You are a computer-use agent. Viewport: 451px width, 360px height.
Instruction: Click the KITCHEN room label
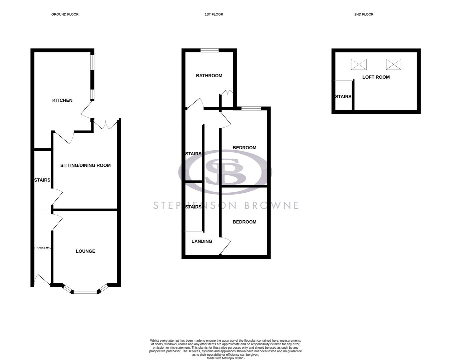(x=62, y=100)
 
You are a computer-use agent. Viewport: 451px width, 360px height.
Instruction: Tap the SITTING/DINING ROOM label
(x=85, y=165)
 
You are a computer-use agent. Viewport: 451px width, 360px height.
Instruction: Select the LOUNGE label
(x=85, y=251)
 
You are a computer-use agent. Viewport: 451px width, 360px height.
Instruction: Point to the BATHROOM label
(x=209, y=76)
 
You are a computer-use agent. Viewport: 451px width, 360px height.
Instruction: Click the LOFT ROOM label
(x=376, y=77)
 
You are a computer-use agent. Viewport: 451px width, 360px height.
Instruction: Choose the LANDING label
(x=202, y=241)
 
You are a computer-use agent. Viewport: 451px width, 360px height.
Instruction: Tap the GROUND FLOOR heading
(x=65, y=14)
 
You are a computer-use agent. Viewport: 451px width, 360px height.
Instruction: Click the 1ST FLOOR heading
(x=214, y=14)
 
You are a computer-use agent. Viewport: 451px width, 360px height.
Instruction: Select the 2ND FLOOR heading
(x=364, y=14)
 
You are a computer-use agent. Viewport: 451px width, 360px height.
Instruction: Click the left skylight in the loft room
(x=359, y=64)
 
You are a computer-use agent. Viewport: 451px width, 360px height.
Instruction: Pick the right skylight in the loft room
(x=394, y=64)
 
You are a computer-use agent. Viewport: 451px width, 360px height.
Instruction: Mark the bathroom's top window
(x=209, y=51)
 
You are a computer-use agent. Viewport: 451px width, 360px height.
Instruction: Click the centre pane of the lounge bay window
(x=85, y=292)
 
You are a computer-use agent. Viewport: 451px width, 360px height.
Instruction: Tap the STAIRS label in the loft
(x=343, y=97)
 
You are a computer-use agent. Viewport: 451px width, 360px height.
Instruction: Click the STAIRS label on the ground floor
(x=42, y=180)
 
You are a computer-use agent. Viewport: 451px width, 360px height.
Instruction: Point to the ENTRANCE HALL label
(x=42, y=248)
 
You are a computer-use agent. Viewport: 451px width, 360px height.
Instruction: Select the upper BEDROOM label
(x=245, y=148)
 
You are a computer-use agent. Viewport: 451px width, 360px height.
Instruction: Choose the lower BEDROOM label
(x=245, y=222)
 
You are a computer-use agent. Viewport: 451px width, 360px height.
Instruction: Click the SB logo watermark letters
(x=225, y=172)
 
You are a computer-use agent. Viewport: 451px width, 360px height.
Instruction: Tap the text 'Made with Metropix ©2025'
(x=225, y=358)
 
